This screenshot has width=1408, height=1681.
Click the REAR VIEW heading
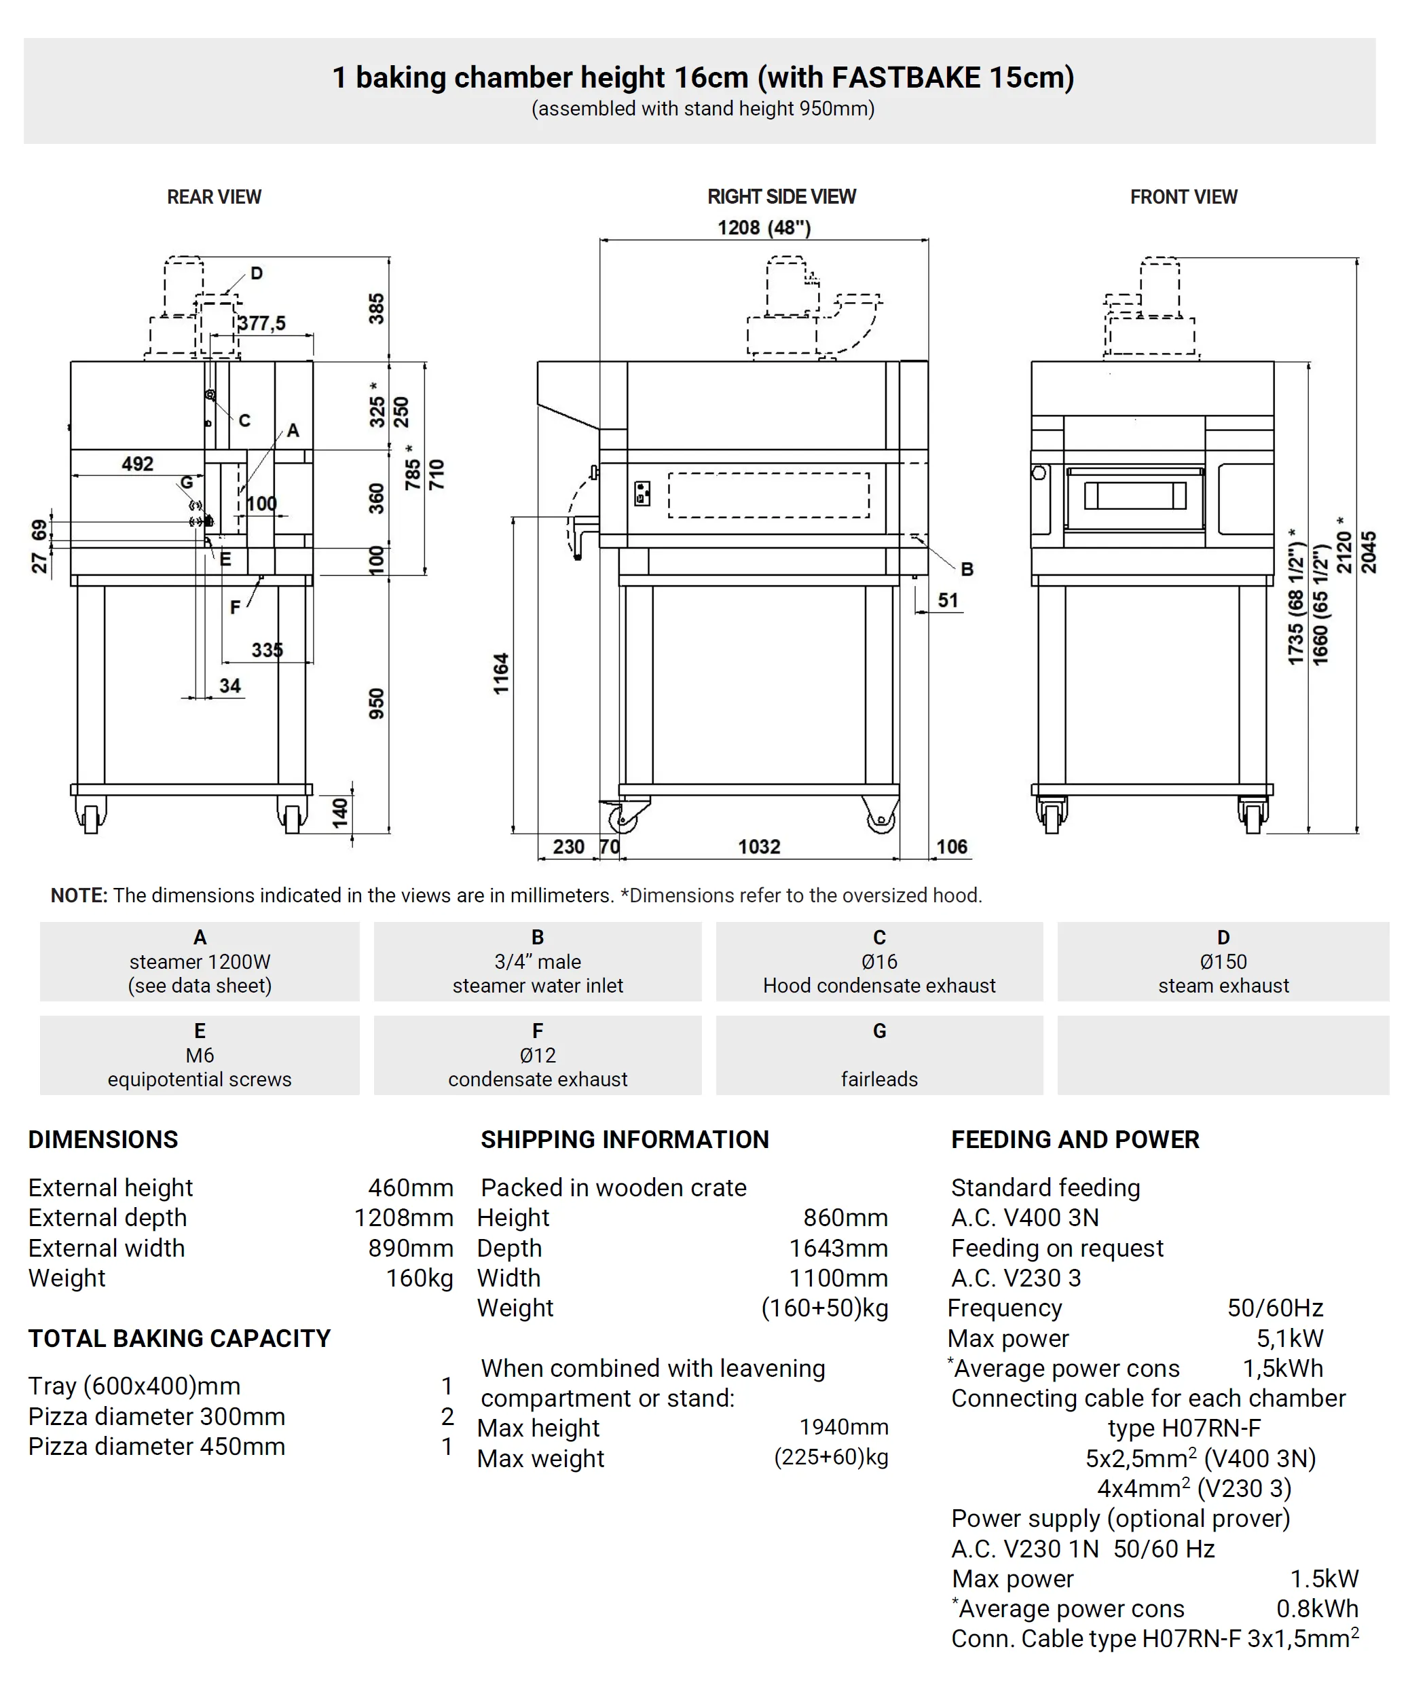(214, 197)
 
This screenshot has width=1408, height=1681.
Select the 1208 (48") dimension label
(764, 228)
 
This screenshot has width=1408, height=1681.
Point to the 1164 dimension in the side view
(501, 673)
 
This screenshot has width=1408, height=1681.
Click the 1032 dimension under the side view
(758, 846)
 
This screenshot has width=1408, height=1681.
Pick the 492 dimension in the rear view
(138, 464)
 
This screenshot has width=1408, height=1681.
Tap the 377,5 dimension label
(262, 323)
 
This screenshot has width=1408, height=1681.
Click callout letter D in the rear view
(256, 273)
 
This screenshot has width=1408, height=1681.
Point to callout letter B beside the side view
(967, 569)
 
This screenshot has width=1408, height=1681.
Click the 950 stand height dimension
(376, 703)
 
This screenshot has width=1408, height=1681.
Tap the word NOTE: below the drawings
(79, 895)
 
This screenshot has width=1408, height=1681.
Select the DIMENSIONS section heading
(103, 1139)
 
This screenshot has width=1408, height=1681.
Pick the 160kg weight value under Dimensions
(420, 1278)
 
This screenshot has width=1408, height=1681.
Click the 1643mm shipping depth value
(838, 1248)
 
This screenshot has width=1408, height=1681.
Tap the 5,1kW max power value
(1289, 1337)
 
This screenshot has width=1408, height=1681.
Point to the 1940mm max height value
(844, 1426)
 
